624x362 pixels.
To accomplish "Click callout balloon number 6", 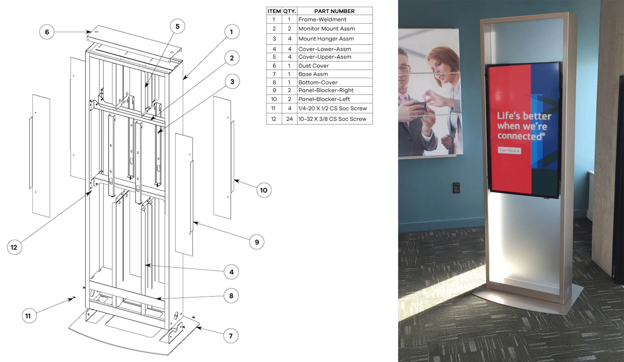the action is pos(47,32).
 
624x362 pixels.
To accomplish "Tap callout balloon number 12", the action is pos(14,247).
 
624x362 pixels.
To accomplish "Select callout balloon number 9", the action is pos(257,242).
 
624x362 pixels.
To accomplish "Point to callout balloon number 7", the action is pos(231,336).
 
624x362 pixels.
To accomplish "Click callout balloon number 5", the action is pos(177,26).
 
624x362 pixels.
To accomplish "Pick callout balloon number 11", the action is pos(29,316).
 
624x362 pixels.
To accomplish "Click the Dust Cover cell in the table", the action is pos(335,66).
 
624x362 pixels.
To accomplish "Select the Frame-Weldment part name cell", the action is pos(335,19).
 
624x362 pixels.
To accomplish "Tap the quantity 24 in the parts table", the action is pos(289,119).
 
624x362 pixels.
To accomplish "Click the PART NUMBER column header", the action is pos(335,11).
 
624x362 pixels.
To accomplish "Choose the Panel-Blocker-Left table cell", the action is pos(335,99).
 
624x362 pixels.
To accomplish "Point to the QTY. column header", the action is pos(289,11).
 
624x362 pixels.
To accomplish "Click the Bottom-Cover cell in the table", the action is pos(335,82).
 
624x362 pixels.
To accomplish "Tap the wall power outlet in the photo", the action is pos(456,188).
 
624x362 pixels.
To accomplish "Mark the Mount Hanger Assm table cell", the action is pos(335,39).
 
